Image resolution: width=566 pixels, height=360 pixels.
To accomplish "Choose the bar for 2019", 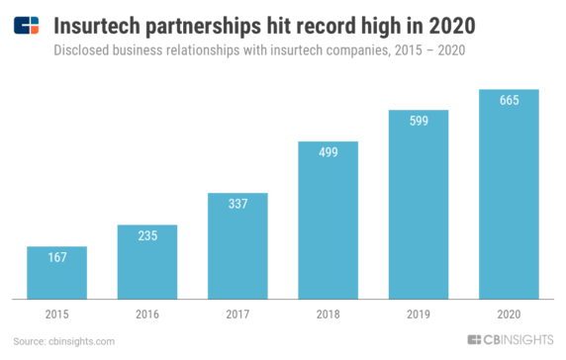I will (x=419, y=204).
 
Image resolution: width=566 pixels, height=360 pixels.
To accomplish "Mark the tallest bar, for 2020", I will (x=509, y=194).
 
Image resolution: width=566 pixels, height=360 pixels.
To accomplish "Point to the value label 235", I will (x=146, y=237).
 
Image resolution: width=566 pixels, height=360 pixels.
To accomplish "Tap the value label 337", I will (x=236, y=205).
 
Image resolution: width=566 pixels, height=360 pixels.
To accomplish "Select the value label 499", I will (x=328, y=153).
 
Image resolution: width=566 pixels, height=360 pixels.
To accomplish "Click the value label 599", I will (x=419, y=122).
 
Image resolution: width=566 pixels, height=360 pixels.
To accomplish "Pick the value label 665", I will (x=509, y=101).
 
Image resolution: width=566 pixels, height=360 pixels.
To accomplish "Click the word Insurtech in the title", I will (x=99, y=23).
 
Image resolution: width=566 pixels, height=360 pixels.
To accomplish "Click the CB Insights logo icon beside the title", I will (x=27, y=23).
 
